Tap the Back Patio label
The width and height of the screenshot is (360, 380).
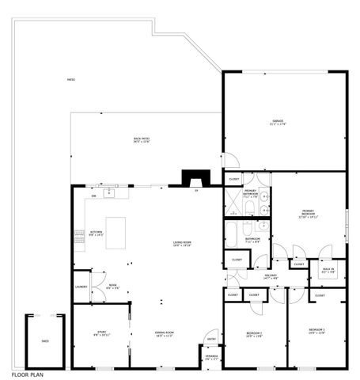pos(142,140)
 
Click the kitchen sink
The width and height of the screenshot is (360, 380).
pos(112,192)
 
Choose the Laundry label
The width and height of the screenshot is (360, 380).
pos(80,287)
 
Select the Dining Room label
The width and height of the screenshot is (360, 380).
pos(164,334)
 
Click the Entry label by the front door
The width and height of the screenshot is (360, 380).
pos(211,340)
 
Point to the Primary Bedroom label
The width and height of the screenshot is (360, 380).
pos(308,212)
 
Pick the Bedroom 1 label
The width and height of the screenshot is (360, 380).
pos(316,330)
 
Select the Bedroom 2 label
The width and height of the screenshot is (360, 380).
pos(254,334)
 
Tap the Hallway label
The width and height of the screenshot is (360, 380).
pos(271,276)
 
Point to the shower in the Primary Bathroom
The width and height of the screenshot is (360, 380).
pos(233,205)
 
